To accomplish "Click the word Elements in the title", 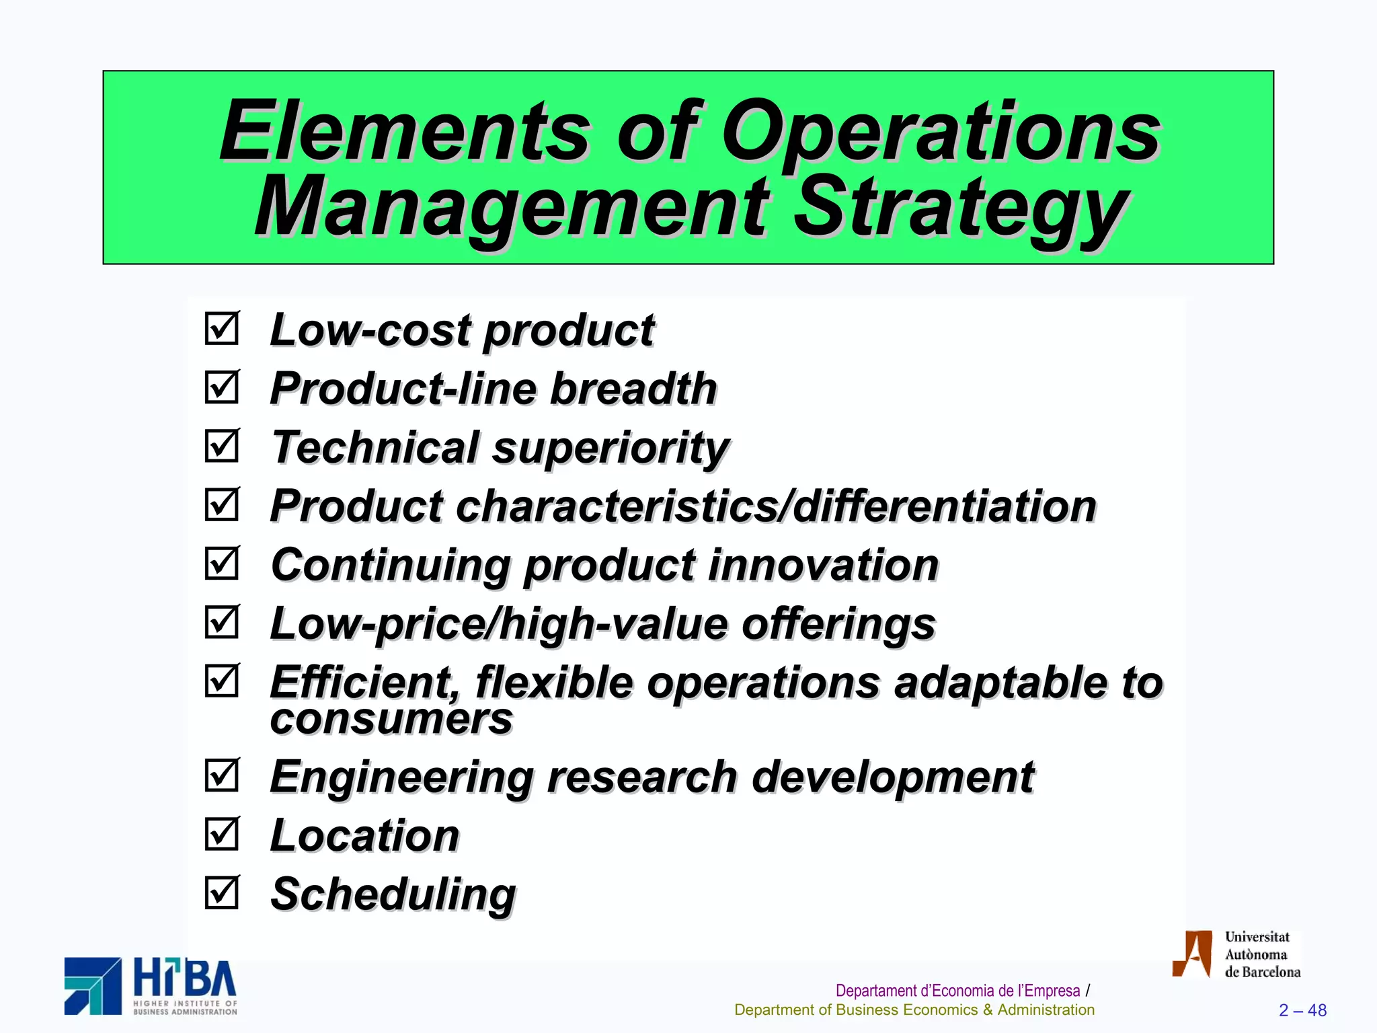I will coord(403,132).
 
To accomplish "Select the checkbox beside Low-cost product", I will coord(222,329).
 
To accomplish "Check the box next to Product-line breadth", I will coord(222,387).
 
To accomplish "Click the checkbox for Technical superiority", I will coord(222,446).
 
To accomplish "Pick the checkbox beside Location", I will coord(222,834).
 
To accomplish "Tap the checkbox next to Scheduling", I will coord(222,892).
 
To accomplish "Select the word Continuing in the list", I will coord(390,565).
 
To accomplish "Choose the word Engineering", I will coord(401,778).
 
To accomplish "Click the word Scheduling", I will coord(393,895).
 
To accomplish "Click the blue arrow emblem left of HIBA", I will coord(93,986).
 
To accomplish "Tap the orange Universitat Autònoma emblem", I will coord(1192,954).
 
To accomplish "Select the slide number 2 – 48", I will coord(1302,1010).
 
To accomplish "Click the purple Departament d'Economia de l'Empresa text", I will coord(957,991).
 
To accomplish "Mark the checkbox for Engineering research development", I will coord(222,775).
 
